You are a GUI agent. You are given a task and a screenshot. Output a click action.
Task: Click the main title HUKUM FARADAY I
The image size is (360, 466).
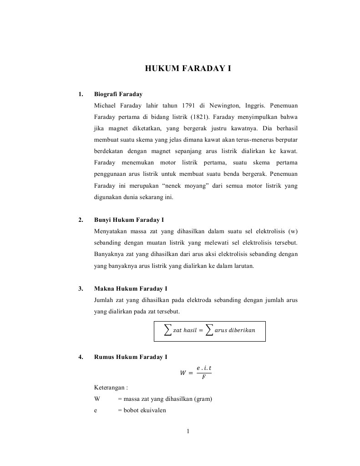[x=188, y=69]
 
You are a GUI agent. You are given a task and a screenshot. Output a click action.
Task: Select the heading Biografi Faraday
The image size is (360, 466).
[x=118, y=94]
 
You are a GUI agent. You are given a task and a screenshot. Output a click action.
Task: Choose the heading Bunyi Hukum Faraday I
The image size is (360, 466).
[x=129, y=220]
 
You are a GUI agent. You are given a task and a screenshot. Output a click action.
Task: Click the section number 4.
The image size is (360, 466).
[x=81, y=357]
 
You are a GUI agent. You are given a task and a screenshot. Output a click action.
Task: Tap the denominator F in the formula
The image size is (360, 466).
[x=203, y=377]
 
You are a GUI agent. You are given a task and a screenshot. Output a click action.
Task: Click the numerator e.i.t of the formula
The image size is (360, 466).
[x=203, y=368]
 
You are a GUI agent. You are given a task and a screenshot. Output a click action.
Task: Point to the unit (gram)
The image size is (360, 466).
[x=203, y=399]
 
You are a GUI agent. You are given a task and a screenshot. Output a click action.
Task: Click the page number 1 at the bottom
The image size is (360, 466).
[x=188, y=432]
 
